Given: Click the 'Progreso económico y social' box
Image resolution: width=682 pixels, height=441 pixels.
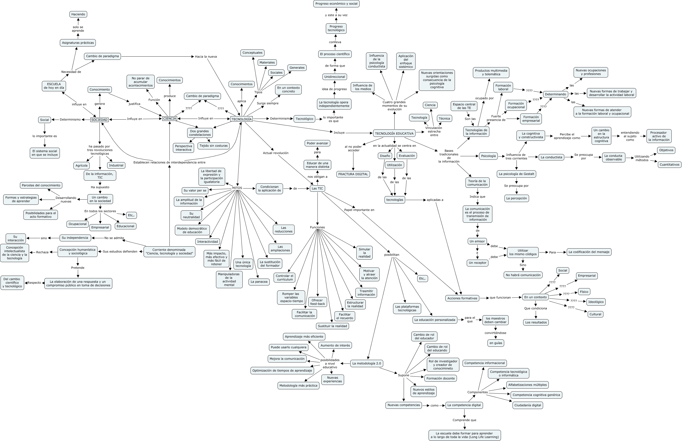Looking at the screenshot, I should pyautogui.click(x=336, y=4).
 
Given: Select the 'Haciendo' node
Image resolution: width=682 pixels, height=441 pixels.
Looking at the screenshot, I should pyautogui.click(x=78, y=14).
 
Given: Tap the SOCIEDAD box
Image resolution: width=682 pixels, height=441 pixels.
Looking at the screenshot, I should pyautogui.click(x=100, y=120).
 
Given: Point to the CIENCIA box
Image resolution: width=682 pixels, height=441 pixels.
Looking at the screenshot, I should pyautogui.click(x=170, y=119).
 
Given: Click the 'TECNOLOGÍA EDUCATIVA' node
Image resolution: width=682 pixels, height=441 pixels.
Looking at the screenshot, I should pyautogui.click(x=394, y=133).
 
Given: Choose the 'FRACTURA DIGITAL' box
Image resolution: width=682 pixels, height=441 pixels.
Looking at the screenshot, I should pyautogui.click(x=353, y=174).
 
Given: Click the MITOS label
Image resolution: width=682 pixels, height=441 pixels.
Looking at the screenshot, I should pyautogui.click(x=237, y=188).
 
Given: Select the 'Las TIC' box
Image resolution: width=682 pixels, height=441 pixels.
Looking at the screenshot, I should pyautogui.click(x=317, y=189).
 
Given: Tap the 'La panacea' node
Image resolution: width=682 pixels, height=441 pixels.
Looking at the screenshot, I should pyautogui.click(x=259, y=282).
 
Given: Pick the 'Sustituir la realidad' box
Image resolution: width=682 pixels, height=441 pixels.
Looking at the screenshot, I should pyautogui.click(x=333, y=326).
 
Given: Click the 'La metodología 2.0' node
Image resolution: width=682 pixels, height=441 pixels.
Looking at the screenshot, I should pyautogui.click(x=366, y=363).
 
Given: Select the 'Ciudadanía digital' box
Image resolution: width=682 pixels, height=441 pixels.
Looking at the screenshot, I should pyautogui.click(x=528, y=405).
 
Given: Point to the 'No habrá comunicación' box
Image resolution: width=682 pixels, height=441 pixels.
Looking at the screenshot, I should pyautogui.click(x=523, y=275).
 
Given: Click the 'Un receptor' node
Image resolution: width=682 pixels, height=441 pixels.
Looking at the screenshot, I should pyautogui.click(x=478, y=263).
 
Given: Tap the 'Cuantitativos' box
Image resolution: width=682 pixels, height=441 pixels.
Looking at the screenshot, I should pyautogui.click(x=669, y=165).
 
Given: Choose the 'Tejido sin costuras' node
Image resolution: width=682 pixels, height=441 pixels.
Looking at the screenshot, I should pyautogui.click(x=214, y=146).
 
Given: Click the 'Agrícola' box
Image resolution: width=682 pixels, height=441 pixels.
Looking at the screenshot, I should pyautogui.click(x=82, y=166).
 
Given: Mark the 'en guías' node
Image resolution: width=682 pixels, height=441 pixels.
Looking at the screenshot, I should pyautogui.click(x=496, y=343).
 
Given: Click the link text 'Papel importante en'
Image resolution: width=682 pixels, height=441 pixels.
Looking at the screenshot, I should pyautogui.click(x=359, y=210).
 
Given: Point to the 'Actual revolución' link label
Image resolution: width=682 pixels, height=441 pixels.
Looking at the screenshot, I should pyautogui.click(x=276, y=153).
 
